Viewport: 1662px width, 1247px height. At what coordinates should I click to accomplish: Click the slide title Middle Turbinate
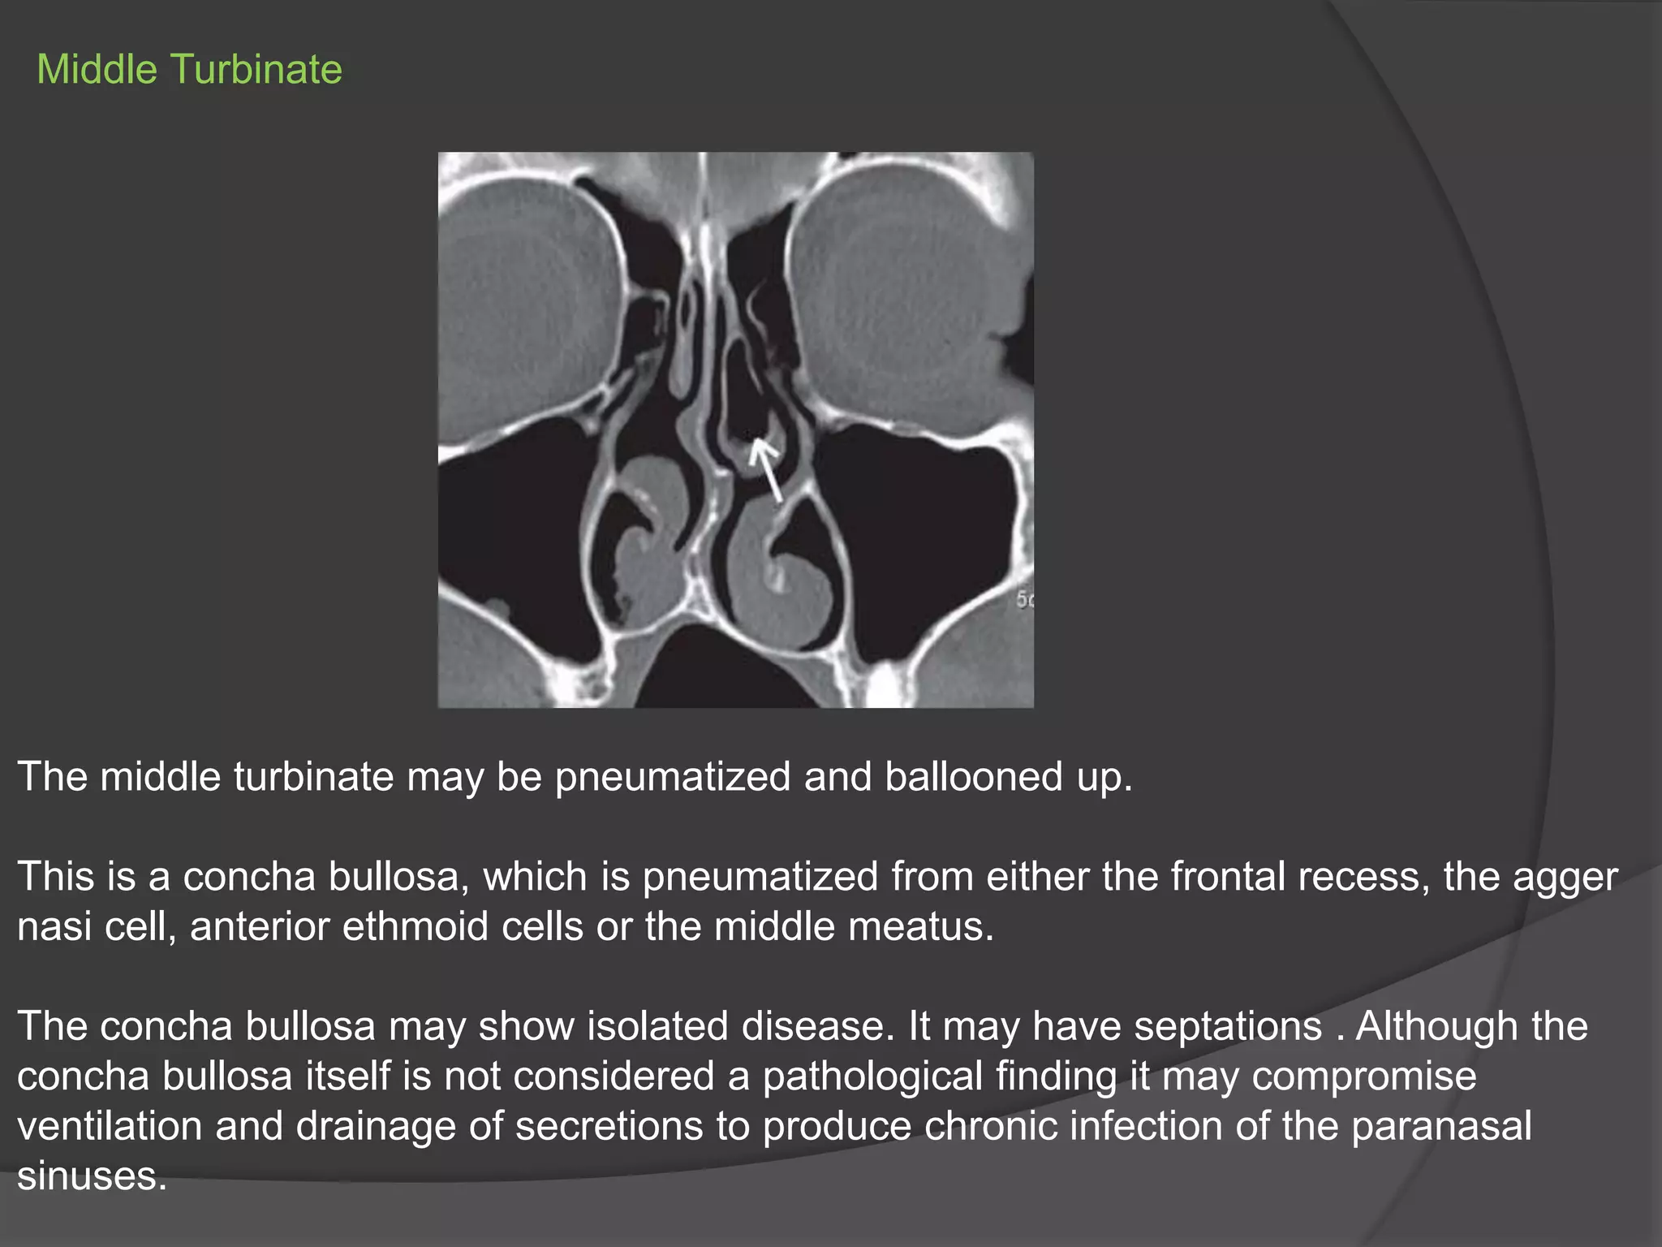click(189, 70)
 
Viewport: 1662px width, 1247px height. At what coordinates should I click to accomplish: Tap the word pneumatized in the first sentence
click(672, 777)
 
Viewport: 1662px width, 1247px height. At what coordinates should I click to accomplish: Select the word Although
click(1436, 1027)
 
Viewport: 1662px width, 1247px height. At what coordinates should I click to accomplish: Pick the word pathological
click(872, 1077)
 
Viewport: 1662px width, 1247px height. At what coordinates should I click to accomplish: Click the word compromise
click(1363, 1077)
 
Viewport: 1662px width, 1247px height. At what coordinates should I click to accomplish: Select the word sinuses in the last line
click(92, 1176)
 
